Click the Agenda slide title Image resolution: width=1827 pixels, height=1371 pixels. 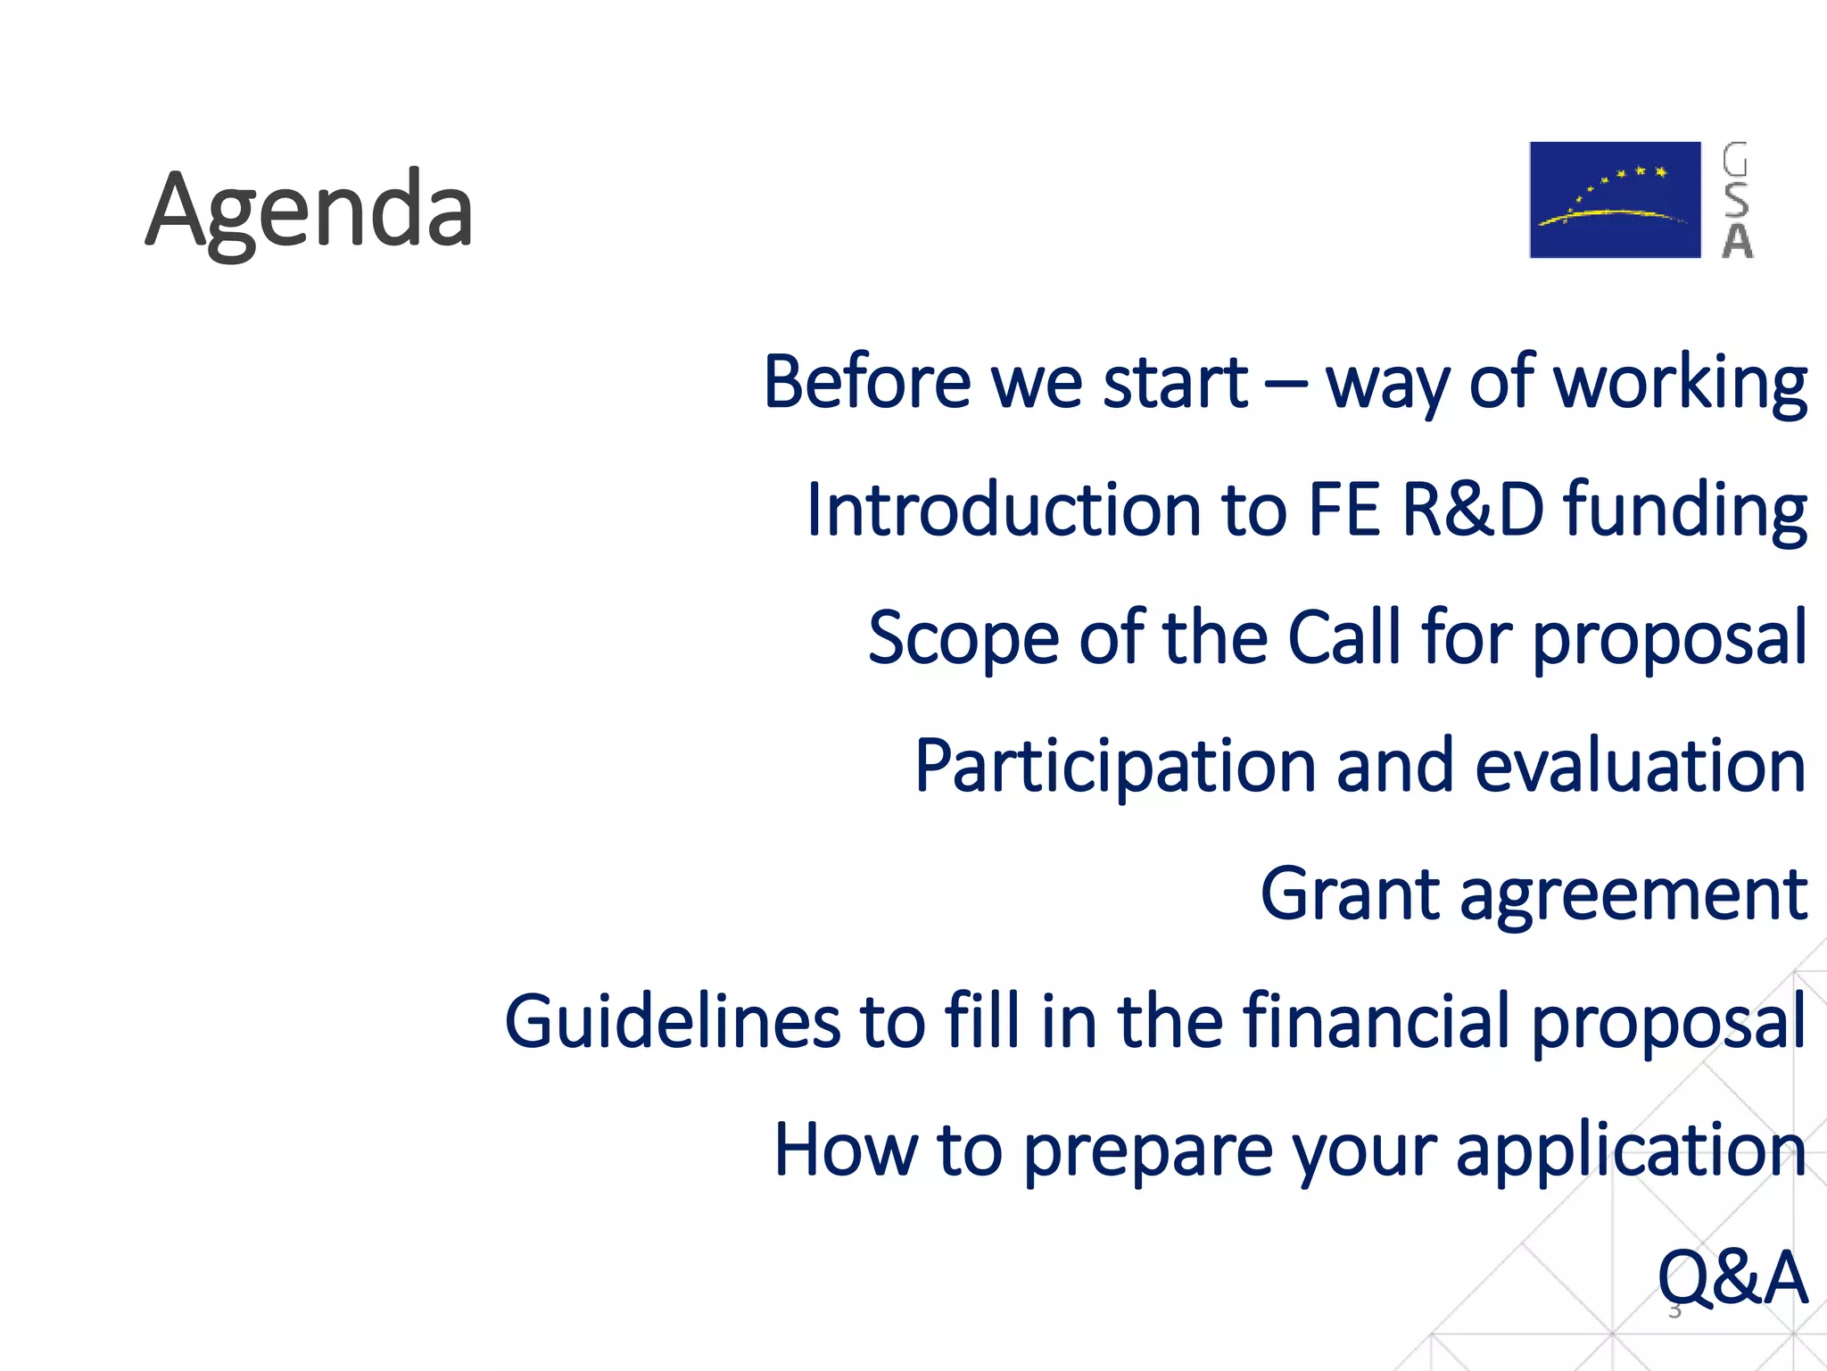tap(309, 212)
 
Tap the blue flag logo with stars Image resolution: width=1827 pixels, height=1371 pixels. tap(1615, 200)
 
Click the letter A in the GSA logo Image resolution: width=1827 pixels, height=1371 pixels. tap(1737, 241)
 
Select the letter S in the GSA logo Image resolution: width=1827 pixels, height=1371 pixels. tap(1736, 200)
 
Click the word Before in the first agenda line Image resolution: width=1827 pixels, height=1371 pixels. tap(866, 383)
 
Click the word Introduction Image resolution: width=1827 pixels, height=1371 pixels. tap(1004, 511)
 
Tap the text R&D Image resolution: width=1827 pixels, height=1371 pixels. tap(1473, 511)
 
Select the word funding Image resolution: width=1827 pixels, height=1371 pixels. tap(1685, 511)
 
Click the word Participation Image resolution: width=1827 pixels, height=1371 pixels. tap(1115, 767)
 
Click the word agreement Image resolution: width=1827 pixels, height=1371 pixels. tap(1633, 896)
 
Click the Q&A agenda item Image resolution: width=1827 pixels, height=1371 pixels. tap(1732, 1278)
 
